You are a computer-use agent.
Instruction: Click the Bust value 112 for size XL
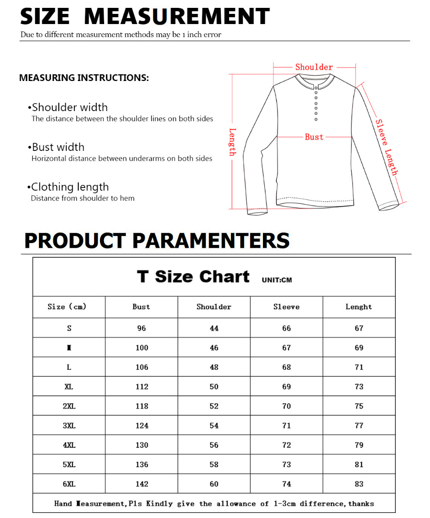[142, 387]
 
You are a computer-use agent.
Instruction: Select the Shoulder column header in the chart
[214, 307]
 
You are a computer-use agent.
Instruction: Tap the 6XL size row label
[69, 484]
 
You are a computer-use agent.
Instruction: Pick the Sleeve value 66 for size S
[287, 328]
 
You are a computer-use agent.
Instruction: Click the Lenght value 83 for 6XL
[359, 484]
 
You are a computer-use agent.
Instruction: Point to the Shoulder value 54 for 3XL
[214, 425]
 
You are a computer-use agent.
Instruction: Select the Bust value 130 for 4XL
[142, 445]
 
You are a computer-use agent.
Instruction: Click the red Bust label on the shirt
[314, 137]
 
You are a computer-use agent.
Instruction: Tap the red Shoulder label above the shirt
[314, 67]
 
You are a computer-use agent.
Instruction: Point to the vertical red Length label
[233, 142]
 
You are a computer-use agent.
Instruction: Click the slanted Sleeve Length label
[386, 147]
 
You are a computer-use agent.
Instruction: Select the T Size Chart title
[193, 277]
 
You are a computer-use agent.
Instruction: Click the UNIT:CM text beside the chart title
[277, 280]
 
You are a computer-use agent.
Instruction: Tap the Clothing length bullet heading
[70, 187]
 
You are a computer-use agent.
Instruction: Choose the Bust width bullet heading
[58, 147]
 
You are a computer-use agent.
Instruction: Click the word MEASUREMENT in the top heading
[177, 17]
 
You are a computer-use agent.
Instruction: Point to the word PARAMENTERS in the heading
[211, 241]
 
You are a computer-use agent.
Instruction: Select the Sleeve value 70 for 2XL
[287, 406]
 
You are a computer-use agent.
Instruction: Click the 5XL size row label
[69, 464]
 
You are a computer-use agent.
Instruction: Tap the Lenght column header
[359, 307]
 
